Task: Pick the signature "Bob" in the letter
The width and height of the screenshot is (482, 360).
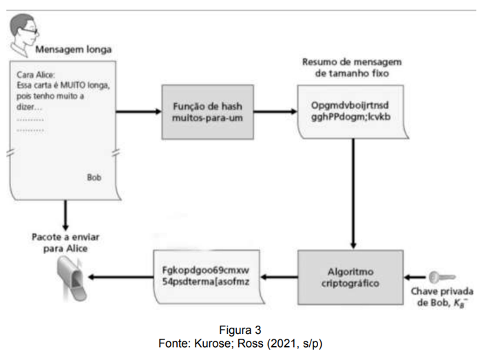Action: [94, 177]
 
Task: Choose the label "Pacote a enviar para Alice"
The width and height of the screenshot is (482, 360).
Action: [65, 243]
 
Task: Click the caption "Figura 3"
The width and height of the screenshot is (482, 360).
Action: [240, 330]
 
